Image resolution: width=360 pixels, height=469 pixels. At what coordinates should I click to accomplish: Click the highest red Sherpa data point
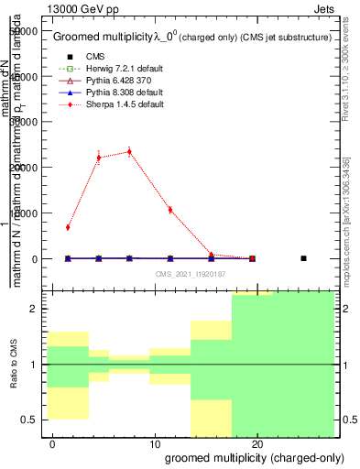coord(129,152)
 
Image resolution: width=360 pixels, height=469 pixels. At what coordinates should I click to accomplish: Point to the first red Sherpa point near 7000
coord(68,227)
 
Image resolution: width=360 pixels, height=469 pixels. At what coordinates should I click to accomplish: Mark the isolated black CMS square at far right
coord(303,258)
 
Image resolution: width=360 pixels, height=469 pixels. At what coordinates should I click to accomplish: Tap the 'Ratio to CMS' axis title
coord(13,365)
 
